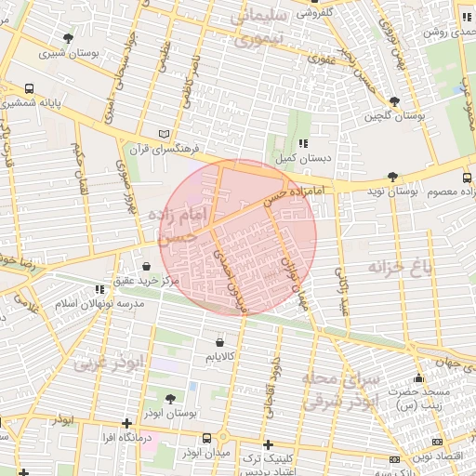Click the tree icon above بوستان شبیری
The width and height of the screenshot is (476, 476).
68,38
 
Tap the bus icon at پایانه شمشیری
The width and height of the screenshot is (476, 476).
30,89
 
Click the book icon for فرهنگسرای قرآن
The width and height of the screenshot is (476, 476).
165,134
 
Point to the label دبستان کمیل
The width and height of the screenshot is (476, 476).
306,158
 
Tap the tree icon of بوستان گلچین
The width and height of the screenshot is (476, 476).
395,101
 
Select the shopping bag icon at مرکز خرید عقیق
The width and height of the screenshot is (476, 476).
147,266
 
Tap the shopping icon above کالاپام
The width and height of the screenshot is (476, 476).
219,341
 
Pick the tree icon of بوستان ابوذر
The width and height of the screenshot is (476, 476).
170,398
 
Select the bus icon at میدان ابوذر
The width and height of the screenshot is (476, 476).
221,438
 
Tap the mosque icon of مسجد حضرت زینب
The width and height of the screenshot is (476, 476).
418,378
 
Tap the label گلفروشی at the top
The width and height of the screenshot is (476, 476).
314,13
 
